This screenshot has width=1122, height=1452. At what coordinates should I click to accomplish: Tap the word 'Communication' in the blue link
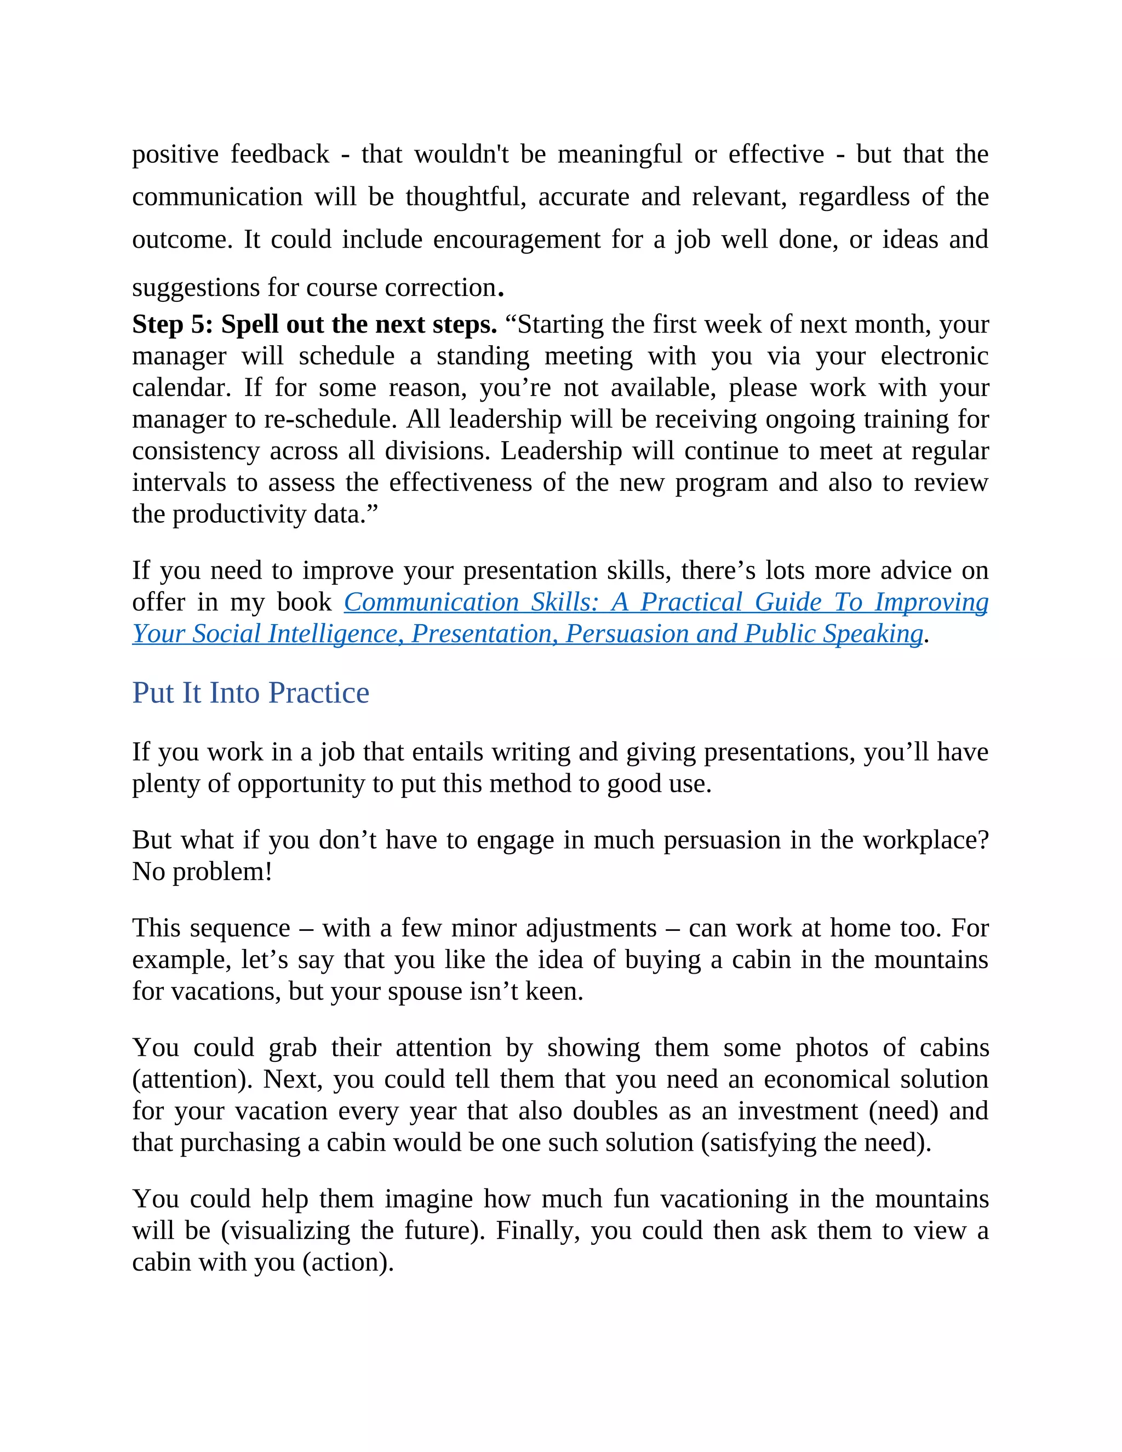[431, 602]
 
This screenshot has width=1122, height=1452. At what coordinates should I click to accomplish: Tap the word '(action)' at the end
[348, 1262]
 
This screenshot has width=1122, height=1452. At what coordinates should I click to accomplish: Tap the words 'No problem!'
[202, 872]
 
